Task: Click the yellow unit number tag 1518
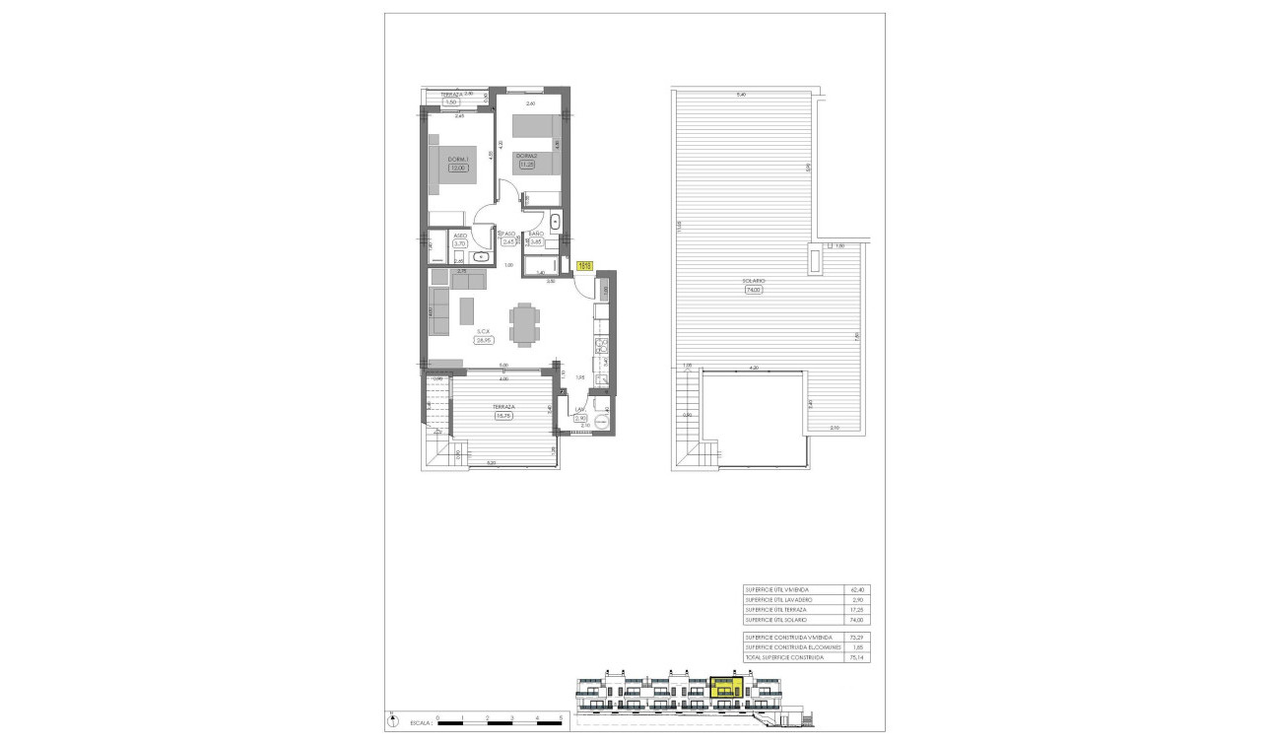click(583, 265)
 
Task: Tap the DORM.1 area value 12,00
click(457, 169)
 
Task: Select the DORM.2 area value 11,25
click(527, 165)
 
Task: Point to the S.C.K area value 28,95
click(483, 340)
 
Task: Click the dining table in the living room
click(523, 323)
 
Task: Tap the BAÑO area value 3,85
click(537, 241)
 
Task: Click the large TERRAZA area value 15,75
click(504, 415)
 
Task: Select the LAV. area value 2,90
click(581, 419)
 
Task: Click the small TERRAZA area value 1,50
click(451, 102)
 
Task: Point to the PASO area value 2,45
click(508, 241)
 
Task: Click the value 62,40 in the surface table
click(853, 589)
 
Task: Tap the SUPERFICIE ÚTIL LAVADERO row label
click(778, 599)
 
